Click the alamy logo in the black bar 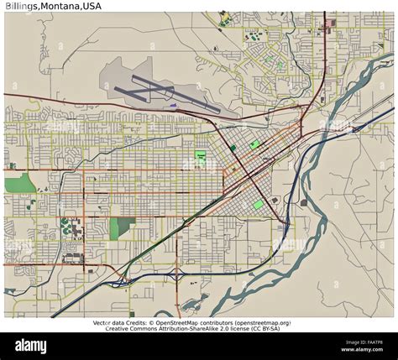tap(31, 346)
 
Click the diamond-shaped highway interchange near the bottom tap(176, 275)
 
